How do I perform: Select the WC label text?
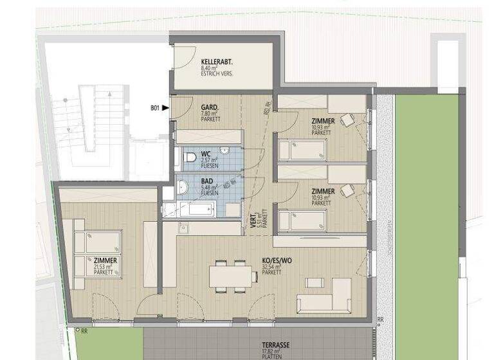[x=206, y=154]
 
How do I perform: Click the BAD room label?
[x=206, y=181]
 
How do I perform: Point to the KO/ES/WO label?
[x=275, y=261]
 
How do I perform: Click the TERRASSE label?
[x=274, y=345]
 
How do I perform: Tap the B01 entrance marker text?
[x=154, y=109]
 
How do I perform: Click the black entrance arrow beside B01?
[x=166, y=109]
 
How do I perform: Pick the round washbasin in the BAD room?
[x=183, y=187]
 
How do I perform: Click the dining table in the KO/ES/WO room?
[x=230, y=276]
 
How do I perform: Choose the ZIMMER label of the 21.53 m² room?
[x=105, y=260]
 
